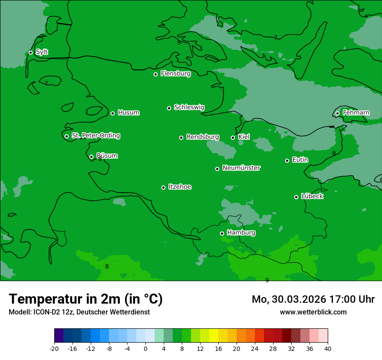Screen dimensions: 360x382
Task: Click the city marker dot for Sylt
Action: [x=30, y=52]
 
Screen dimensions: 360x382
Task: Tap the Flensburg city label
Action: [x=175, y=74]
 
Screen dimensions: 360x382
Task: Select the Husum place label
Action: [x=128, y=113]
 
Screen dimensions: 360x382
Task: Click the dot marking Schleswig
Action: [x=169, y=108]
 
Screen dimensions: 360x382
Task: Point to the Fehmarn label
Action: [x=356, y=113]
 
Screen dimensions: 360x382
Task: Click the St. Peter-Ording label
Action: [x=95, y=136]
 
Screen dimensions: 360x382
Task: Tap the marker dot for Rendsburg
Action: [x=181, y=137]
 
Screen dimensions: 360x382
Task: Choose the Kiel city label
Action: [x=244, y=137]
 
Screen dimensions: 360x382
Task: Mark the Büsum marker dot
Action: [x=91, y=157]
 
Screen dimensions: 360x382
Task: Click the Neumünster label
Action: [x=241, y=168]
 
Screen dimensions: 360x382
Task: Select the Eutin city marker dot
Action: [x=287, y=160]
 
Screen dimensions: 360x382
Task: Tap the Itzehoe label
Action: [x=180, y=187]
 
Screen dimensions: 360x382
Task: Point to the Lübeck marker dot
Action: [x=296, y=197]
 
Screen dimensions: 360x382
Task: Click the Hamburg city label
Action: [x=241, y=233]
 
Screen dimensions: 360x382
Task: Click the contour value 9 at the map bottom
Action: [x=267, y=280]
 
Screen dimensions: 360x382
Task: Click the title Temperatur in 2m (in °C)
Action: [x=86, y=299]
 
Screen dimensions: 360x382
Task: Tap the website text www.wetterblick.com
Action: [x=313, y=312]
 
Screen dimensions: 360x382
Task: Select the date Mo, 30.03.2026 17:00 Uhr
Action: [x=313, y=299]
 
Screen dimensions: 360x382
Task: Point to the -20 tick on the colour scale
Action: [x=54, y=349]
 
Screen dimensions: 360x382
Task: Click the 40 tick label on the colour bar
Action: [x=327, y=349]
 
